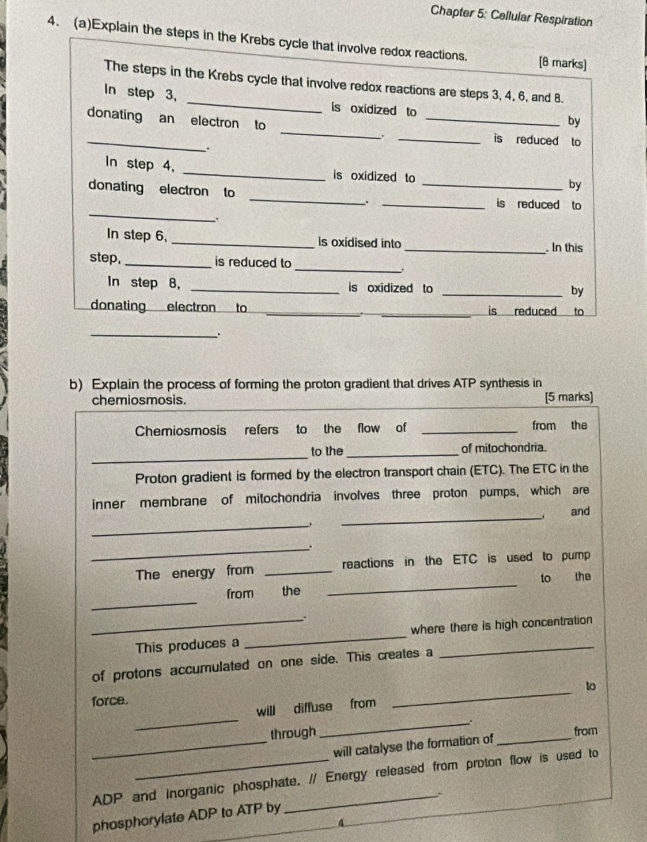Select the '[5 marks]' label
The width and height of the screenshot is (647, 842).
coord(567,397)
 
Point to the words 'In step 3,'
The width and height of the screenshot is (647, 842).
coord(140,93)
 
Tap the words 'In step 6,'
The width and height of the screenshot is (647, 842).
coord(137,235)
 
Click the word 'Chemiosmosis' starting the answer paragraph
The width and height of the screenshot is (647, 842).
coord(180,430)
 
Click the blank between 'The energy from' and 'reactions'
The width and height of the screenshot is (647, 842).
coord(299,571)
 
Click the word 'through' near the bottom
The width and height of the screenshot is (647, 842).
coord(293,733)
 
